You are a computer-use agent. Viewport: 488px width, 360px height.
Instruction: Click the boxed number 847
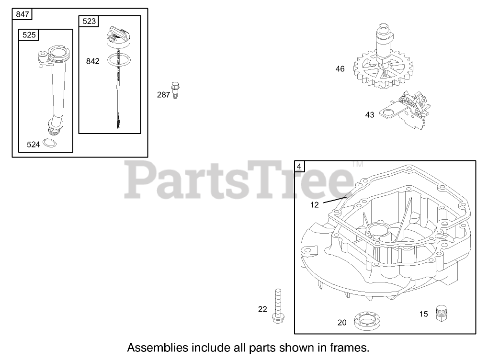point(23,14)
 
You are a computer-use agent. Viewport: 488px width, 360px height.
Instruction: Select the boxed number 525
point(29,35)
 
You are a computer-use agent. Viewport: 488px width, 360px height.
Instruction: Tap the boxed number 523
point(89,21)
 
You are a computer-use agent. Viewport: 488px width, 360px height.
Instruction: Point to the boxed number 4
point(299,167)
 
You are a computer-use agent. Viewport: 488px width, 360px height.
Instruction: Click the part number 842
point(93,61)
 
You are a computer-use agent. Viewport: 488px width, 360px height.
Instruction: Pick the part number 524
point(33,144)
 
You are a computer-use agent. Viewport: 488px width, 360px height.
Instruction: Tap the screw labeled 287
point(175,90)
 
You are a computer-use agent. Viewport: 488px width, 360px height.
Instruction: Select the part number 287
point(163,95)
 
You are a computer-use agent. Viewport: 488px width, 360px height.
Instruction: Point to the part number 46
point(340,69)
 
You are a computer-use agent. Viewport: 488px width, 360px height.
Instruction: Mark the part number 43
point(370,115)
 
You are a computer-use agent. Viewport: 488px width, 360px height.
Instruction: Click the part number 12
point(314,204)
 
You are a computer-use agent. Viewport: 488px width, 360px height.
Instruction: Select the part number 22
point(262,309)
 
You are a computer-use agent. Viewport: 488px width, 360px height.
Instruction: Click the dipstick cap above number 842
point(117,37)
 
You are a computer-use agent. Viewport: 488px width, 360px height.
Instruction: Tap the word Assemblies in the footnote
point(156,347)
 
